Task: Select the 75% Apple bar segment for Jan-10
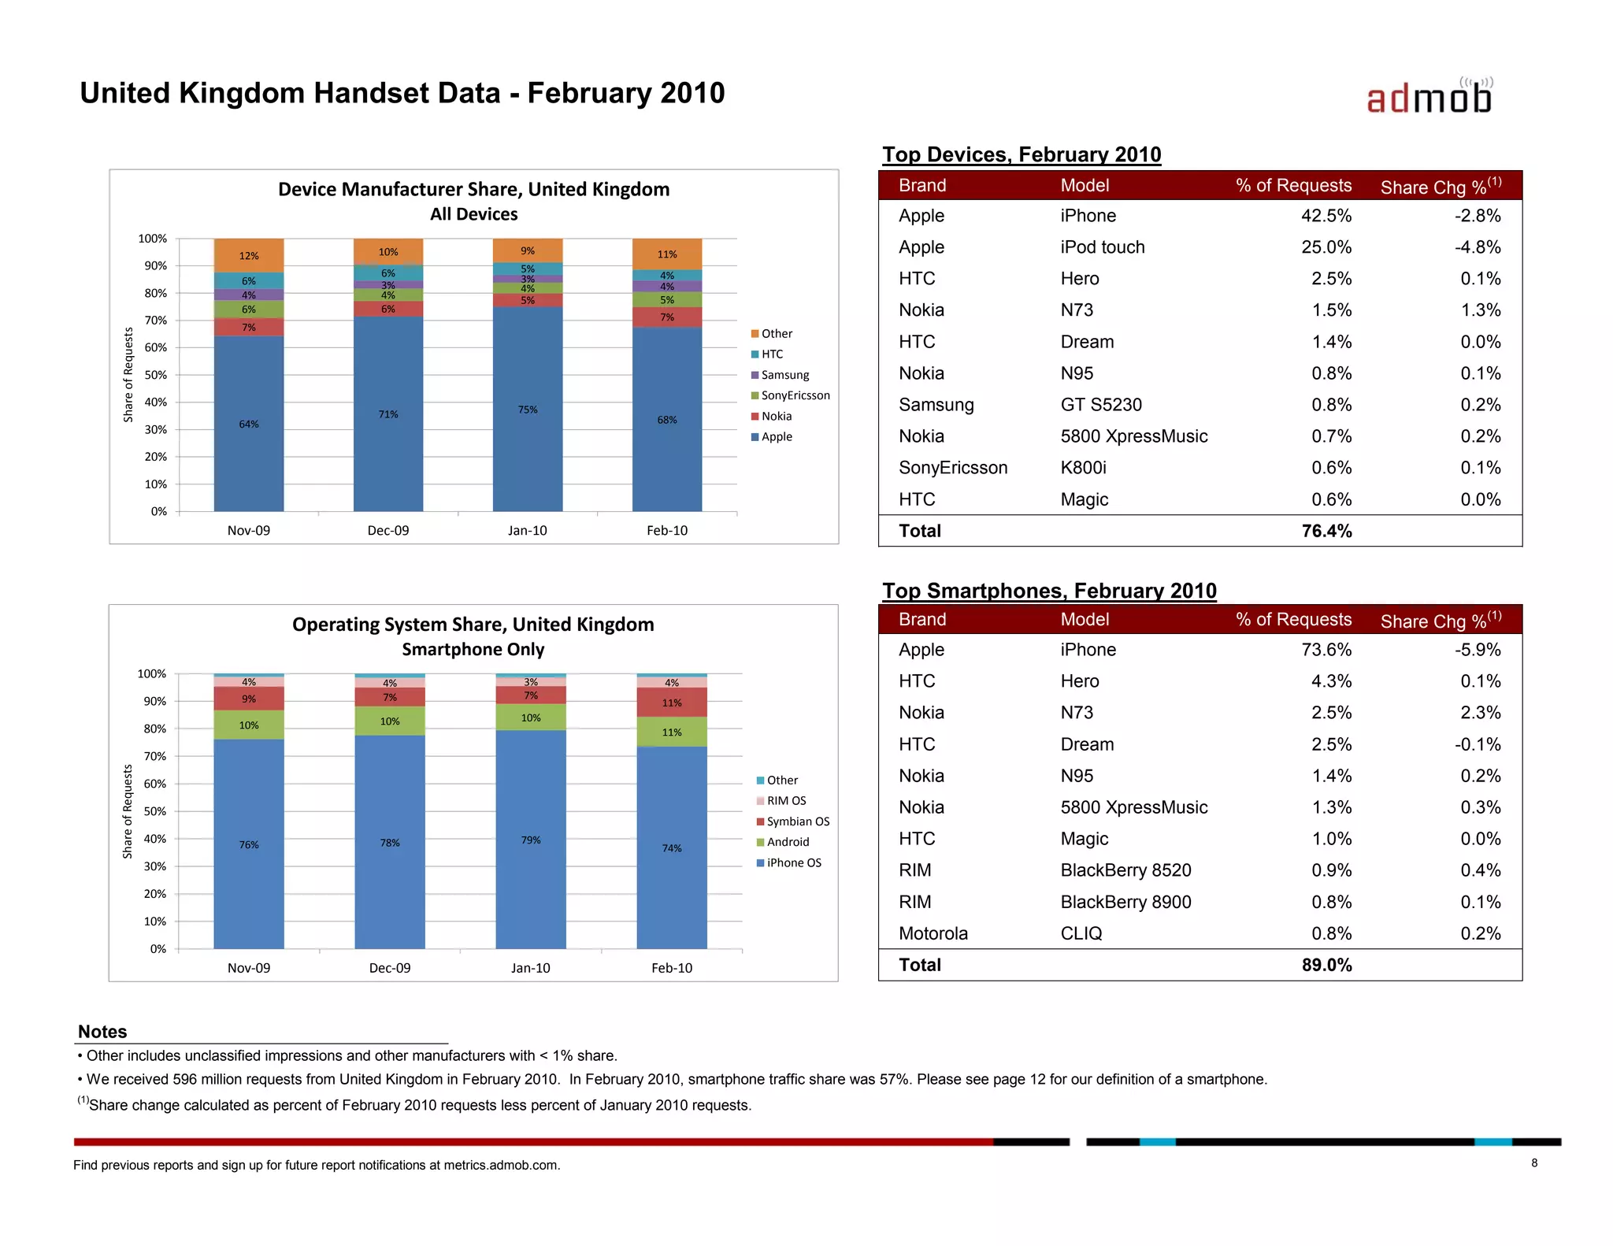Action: tap(528, 409)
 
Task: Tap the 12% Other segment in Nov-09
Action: tap(249, 255)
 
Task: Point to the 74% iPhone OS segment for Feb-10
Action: tap(672, 847)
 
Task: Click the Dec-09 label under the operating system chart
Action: tap(390, 968)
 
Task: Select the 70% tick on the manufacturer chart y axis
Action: tap(156, 321)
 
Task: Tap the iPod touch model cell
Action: tap(1102, 247)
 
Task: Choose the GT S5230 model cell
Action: tap(1100, 405)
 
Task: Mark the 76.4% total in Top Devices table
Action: tap(1326, 531)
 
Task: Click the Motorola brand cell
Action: tap(933, 933)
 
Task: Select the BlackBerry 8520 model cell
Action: tap(1125, 870)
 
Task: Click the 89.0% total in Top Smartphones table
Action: tap(1326, 965)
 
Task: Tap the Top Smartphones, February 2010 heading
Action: tap(1049, 591)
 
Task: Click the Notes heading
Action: tap(102, 1032)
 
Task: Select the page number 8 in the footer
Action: tap(1534, 1163)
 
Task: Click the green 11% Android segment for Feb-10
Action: tap(672, 732)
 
